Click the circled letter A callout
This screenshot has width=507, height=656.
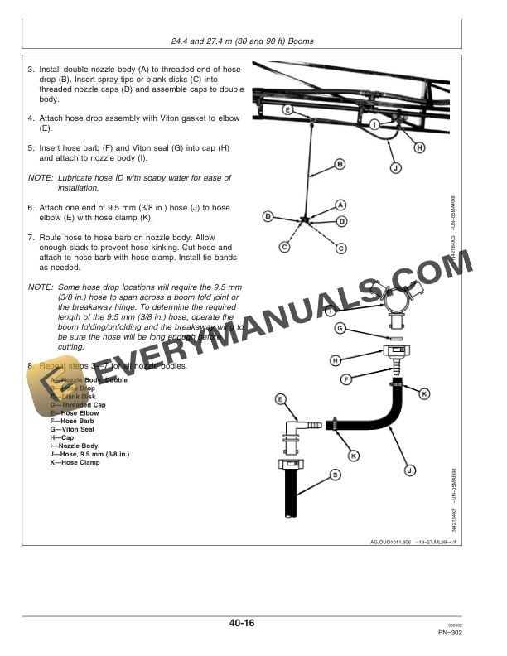point(340,203)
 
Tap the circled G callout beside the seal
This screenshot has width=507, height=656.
point(340,329)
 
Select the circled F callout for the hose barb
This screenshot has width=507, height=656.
point(346,379)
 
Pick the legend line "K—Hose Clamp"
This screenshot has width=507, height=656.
point(75,462)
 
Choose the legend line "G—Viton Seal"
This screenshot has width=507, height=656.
point(73,429)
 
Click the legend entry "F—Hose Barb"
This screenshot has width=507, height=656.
point(72,421)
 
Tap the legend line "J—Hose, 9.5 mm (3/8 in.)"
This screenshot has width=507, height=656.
point(89,454)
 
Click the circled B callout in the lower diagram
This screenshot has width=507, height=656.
point(335,474)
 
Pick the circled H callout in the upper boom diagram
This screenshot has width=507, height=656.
point(419,147)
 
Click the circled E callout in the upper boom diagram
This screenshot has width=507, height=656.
point(287,109)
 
